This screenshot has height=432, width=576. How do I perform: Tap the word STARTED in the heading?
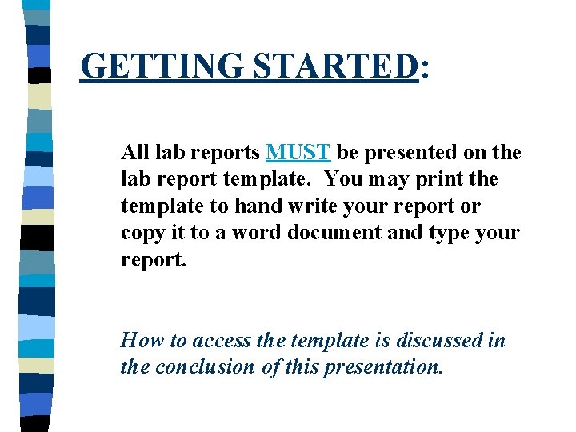click(335, 66)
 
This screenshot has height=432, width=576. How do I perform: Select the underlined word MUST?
click(298, 152)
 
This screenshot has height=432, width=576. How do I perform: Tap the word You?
click(344, 179)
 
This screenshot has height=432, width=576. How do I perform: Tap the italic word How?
click(142, 341)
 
